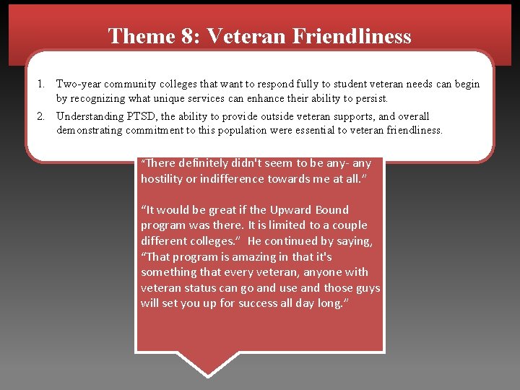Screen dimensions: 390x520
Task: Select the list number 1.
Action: point(42,84)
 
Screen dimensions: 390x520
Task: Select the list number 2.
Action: point(42,116)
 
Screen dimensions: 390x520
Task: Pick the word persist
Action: point(371,97)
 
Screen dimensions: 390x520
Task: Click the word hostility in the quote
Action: point(163,179)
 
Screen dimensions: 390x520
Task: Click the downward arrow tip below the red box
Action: point(208,373)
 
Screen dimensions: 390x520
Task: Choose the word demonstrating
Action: point(93,130)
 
